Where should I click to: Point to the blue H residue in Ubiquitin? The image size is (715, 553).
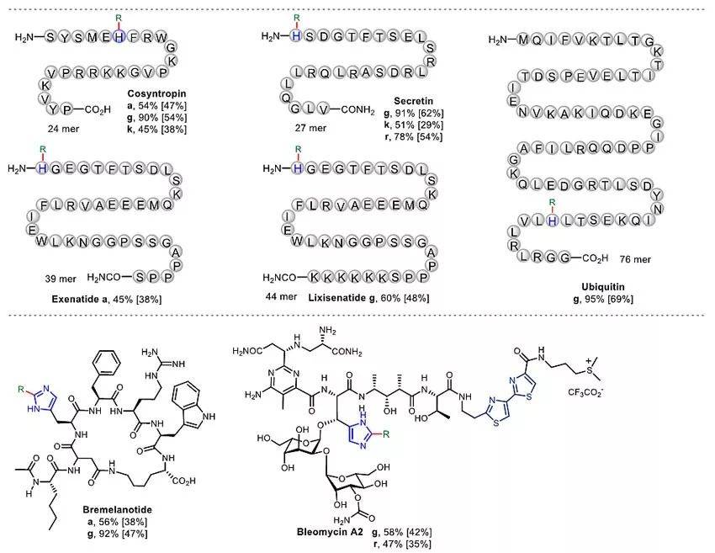(552, 220)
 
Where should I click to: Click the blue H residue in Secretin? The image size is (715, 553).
(296, 37)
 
